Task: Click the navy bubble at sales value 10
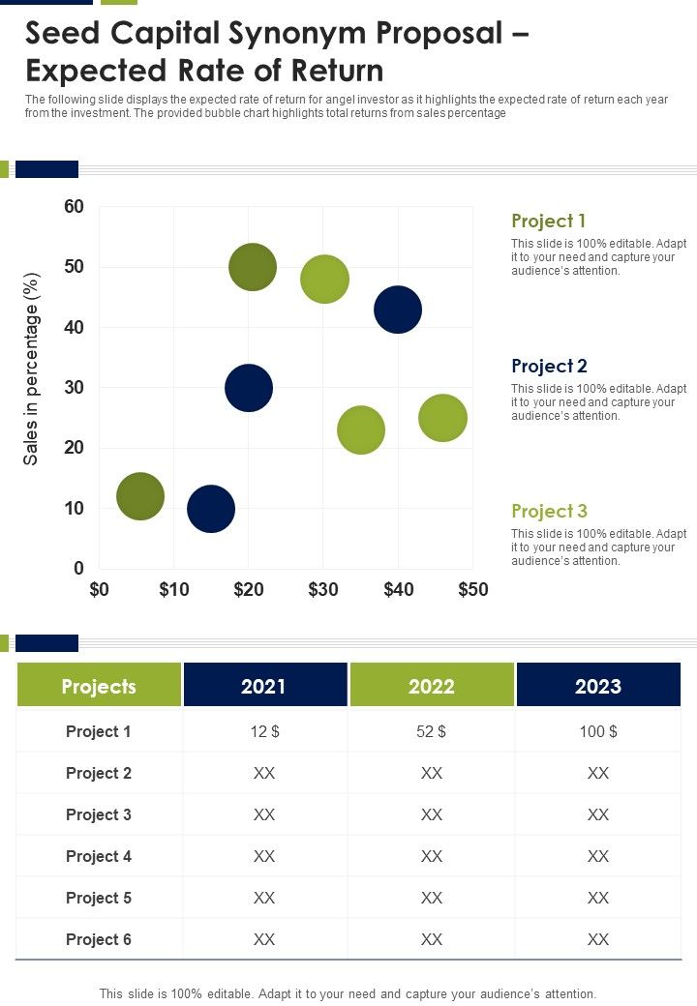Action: coord(211,509)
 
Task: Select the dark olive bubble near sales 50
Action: coord(253,267)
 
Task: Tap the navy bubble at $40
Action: coord(398,310)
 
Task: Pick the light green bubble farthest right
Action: coord(442,418)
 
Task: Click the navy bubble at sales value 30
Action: coord(249,388)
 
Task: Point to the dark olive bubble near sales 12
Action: coord(140,496)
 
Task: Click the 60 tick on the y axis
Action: coord(76,207)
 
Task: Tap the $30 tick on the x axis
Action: coord(323,590)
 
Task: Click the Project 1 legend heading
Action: coord(549,221)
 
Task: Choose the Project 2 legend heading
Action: coord(549,366)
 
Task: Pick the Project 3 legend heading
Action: coord(549,511)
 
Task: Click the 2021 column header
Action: coord(263,686)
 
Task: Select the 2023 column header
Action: coord(598,686)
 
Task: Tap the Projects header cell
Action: coord(99,686)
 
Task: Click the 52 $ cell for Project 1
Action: coord(431,731)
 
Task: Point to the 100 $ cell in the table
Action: coord(598,731)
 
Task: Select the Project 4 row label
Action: coord(99,856)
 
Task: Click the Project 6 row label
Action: coord(99,939)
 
